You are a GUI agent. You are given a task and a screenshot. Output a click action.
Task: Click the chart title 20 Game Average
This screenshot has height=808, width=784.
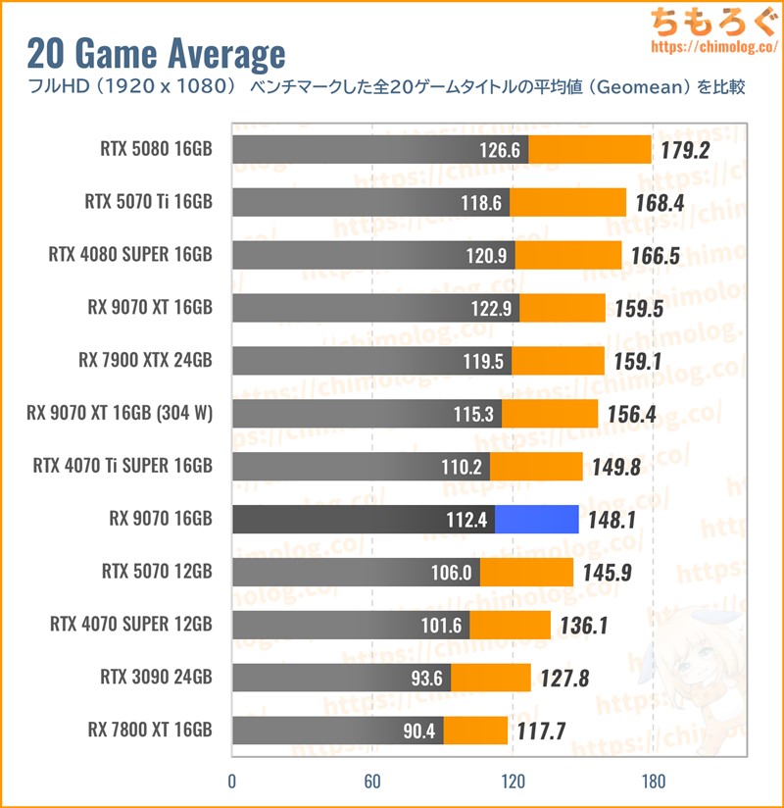156,53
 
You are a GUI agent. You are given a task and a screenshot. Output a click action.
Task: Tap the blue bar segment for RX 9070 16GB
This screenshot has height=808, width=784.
536,520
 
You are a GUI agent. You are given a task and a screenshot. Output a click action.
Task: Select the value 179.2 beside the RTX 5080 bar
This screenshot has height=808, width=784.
684,150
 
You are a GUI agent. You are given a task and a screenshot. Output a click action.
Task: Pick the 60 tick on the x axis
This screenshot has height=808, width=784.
371,782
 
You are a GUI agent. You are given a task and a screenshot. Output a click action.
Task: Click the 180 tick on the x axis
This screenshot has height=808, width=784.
653,782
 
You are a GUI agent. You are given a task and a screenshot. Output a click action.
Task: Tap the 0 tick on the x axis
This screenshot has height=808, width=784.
231,782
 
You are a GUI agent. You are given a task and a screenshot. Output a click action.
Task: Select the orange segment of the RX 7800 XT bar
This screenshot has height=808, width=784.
475,731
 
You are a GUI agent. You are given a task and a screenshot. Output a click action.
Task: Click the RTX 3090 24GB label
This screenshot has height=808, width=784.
156,678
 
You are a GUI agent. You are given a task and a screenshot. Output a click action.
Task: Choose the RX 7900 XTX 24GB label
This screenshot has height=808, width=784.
145,361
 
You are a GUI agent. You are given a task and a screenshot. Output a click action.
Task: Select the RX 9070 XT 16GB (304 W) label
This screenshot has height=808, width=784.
120,414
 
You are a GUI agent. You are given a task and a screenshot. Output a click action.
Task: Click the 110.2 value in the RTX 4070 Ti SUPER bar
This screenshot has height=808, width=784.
461,467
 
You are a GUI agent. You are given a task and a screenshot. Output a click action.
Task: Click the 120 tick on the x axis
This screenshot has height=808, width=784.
512,782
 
